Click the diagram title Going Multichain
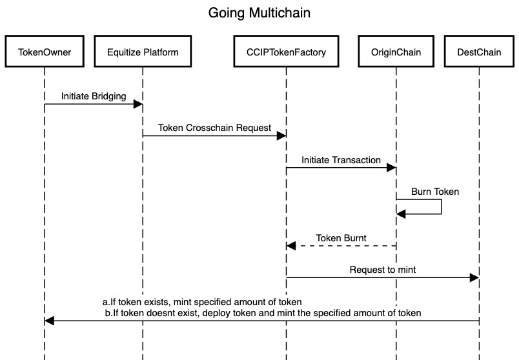(259, 13)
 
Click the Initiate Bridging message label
(94, 95)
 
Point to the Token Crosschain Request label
(214, 128)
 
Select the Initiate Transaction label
(341, 160)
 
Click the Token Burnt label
(341, 238)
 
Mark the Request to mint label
(382, 270)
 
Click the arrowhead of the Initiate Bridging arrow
(138, 103)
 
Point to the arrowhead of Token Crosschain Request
(281, 135)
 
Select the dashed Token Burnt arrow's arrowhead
(291, 246)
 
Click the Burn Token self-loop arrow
(441, 206)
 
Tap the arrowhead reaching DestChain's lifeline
(474, 277)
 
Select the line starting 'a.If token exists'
(203, 302)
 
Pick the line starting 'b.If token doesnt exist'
(263, 313)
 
